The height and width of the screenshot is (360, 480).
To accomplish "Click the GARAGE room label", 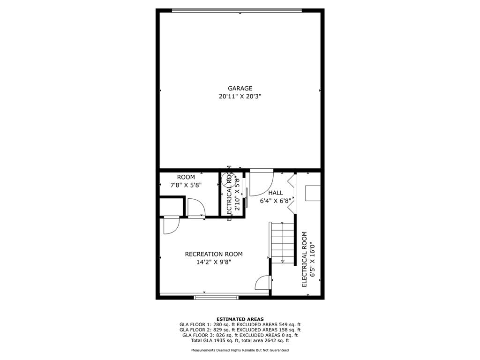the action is (x=240, y=89).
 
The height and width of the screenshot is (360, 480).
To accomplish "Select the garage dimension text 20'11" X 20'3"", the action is (x=240, y=97).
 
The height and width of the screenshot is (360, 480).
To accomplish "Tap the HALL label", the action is (x=276, y=193).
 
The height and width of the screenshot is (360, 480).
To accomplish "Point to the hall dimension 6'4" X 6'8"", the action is (x=276, y=201).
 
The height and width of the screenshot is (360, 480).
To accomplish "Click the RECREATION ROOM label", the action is (x=214, y=254).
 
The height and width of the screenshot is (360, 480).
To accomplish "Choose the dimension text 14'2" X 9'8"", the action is (x=214, y=262).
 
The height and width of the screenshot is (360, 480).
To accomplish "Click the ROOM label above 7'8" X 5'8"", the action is (x=186, y=177).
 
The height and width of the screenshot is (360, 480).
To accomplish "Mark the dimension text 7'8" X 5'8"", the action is (x=186, y=185).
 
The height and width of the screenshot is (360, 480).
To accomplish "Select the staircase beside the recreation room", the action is (x=282, y=243).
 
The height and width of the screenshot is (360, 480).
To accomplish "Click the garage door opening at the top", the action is (x=237, y=10).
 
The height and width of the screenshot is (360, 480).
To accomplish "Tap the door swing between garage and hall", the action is (x=262, y=182).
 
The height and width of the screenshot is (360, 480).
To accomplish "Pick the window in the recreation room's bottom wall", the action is (x=216, y=297).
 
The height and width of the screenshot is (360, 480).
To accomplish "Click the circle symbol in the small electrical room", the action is (x=229, y=179).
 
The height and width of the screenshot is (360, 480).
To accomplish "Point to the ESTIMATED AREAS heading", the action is (x=240, y=319).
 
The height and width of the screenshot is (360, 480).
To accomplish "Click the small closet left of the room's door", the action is (x=172, y=207).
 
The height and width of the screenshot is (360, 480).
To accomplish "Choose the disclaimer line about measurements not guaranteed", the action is (x=240, y=350).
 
